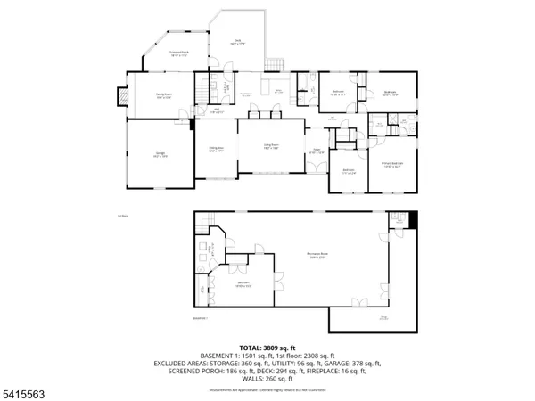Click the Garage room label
coord(161,155)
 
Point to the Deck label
coord(238,41)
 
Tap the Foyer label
coord(316,151)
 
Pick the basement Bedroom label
coord(243,285)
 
